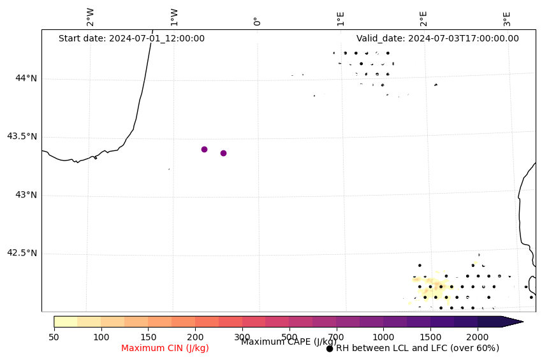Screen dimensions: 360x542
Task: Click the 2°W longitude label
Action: point(91,17)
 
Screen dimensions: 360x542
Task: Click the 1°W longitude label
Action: point(174,17)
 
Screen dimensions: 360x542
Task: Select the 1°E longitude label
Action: point(341,18)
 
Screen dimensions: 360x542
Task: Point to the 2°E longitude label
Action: point(423,18)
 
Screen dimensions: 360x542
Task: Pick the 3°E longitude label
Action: point(507,18)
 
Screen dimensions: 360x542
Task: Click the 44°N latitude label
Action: point(26,78)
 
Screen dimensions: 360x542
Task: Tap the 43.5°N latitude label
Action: point(22,136)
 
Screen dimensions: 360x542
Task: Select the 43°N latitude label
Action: point(26,195)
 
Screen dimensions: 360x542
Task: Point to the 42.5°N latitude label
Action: point(22,253)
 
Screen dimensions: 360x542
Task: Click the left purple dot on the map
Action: point(204,149)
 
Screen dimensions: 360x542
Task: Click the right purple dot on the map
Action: point(223,153)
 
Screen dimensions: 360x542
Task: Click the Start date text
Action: point(131,38)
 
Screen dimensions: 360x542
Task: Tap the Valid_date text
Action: point(437,38)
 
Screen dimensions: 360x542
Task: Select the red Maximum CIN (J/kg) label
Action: point(165,348)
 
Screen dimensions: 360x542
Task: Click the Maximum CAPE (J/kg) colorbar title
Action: point(289,342)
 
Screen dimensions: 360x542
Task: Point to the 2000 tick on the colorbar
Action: point(478,336)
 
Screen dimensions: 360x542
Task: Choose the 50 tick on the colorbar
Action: point(54,336)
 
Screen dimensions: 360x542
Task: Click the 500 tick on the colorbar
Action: point(289,336)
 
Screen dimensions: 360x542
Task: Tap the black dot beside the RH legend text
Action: point(330,349)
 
